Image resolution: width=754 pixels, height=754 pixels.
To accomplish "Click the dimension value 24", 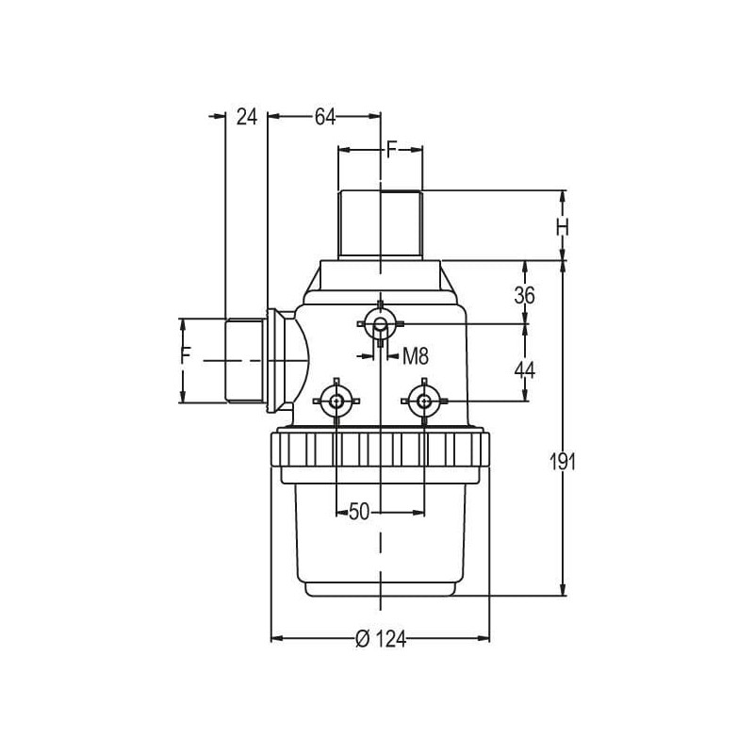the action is point(247,117).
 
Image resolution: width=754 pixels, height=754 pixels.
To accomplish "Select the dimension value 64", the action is point(325,117).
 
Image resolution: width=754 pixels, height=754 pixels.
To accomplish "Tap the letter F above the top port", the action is point(392,150).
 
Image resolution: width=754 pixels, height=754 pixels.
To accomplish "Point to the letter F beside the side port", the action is point(186,355).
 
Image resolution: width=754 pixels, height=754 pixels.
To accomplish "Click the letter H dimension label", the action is point(563,227).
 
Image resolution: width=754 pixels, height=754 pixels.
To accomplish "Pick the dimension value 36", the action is point(524,295).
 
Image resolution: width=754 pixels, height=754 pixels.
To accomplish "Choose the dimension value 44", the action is point(524,370).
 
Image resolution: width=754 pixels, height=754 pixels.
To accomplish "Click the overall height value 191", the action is point(563,463).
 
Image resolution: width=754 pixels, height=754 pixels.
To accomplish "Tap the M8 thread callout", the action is point(415,357).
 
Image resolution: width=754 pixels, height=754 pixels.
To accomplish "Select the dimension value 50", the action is point(359,512).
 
